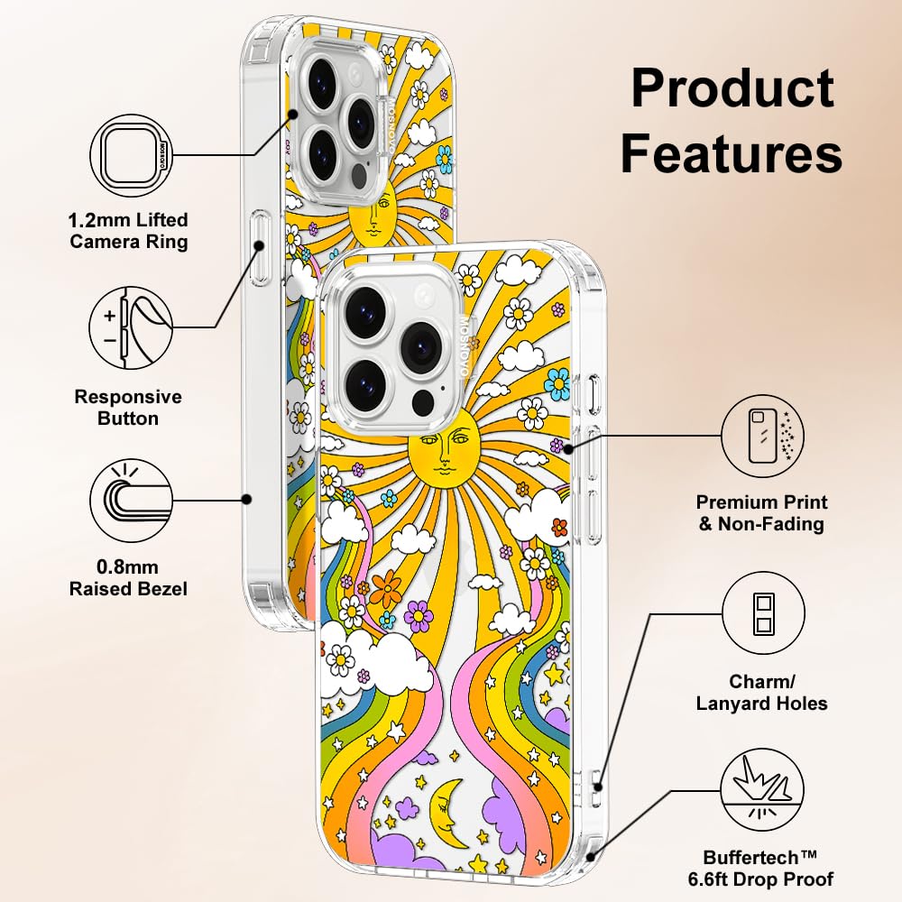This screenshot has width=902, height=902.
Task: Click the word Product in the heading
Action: click(732, 90)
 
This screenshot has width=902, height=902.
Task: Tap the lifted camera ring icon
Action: click(132, 155)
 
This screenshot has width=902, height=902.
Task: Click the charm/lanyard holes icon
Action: click(763, 616)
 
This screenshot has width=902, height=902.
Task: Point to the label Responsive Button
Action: click(128, 408)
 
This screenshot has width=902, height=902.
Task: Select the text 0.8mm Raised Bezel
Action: click(129, 578)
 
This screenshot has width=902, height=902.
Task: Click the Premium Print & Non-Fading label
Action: click(762, 513)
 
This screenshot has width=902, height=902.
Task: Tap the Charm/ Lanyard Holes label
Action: click(762, 693)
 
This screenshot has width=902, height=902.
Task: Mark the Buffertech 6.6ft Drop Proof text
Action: click(769, 869)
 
